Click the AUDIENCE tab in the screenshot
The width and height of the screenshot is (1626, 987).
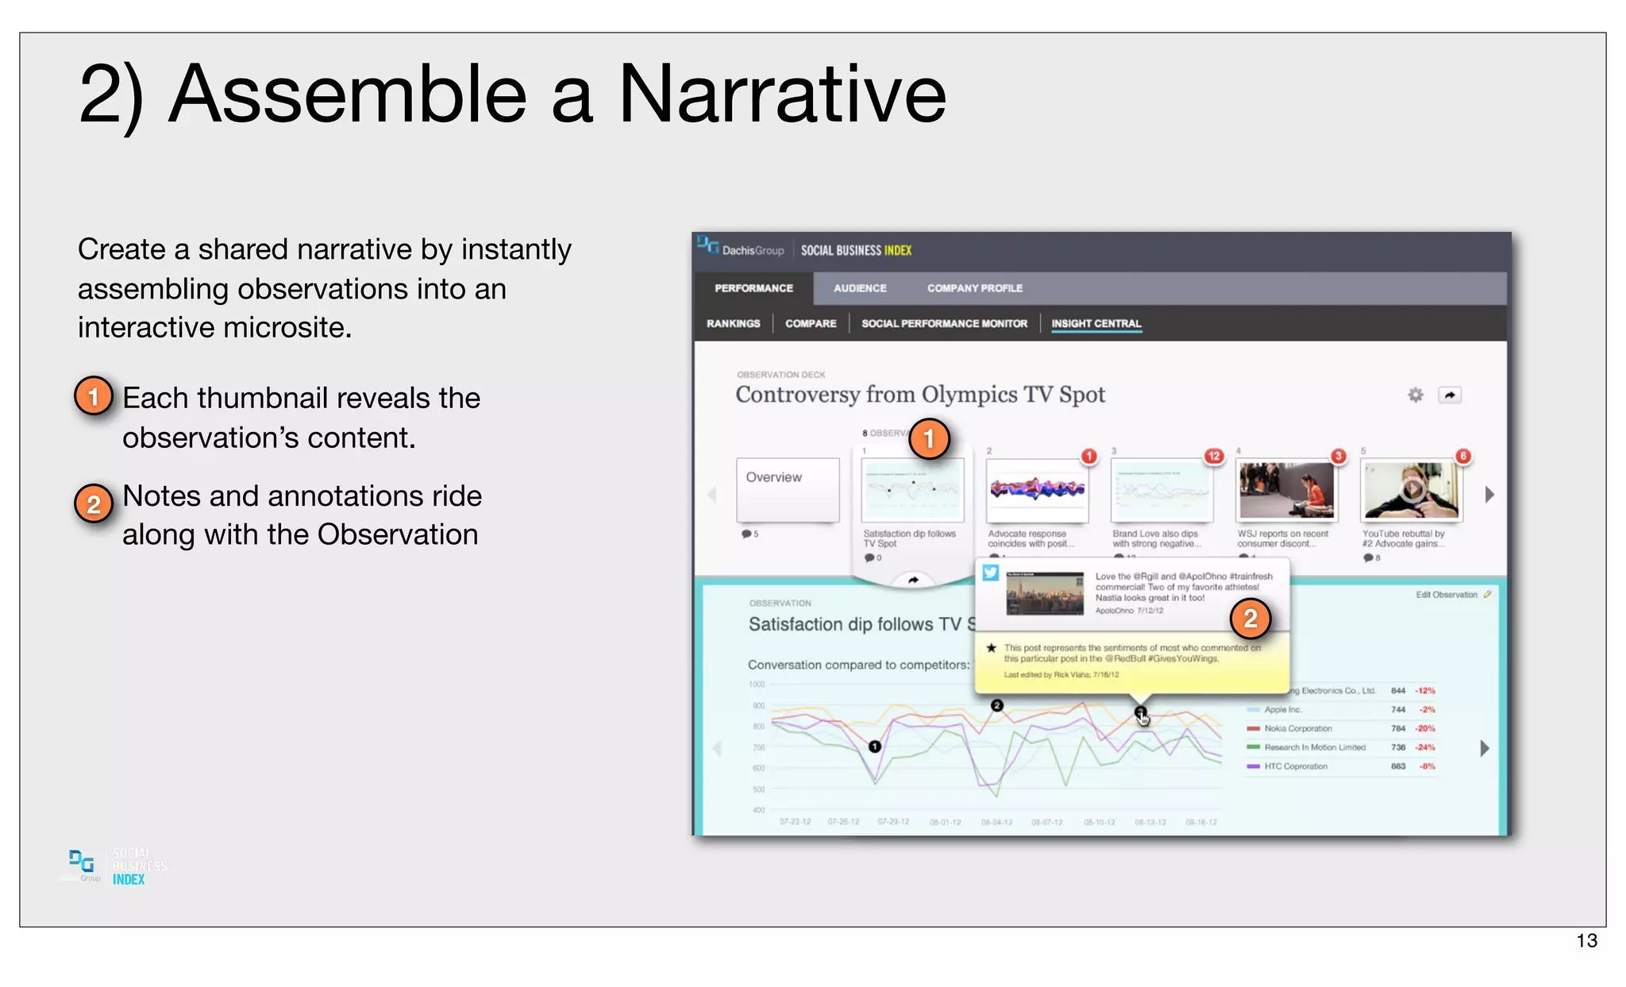860,288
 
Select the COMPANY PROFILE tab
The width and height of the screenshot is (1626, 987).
974,288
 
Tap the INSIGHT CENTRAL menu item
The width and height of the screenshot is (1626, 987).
1096,323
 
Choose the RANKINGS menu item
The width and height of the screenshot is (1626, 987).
733,323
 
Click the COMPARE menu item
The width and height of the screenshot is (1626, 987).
811,323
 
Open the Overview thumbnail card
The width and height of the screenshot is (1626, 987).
787,489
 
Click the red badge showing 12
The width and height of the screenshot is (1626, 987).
1213,456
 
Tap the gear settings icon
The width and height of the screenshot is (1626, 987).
1415,395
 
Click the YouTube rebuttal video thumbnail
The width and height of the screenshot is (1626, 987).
1411,490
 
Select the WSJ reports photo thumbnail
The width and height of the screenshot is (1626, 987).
1286,491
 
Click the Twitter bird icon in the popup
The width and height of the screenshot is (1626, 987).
990,573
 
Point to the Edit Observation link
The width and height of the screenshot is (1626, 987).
1447,595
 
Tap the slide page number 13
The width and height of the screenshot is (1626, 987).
1586,941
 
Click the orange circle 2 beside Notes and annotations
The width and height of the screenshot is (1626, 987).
94,504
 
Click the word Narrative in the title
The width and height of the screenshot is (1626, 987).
781,94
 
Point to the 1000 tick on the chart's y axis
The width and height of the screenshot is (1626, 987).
756,684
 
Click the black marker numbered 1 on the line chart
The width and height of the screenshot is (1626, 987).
874,746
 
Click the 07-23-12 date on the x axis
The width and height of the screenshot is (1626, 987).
795,822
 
